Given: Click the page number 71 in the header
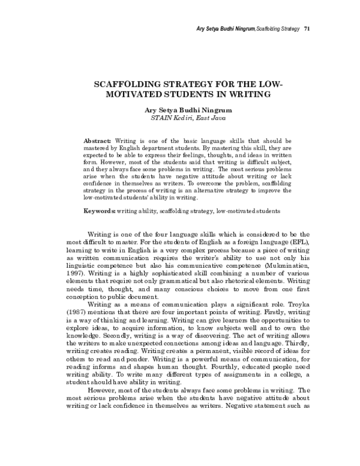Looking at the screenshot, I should [307, 28].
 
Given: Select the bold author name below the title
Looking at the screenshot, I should [179, 110].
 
